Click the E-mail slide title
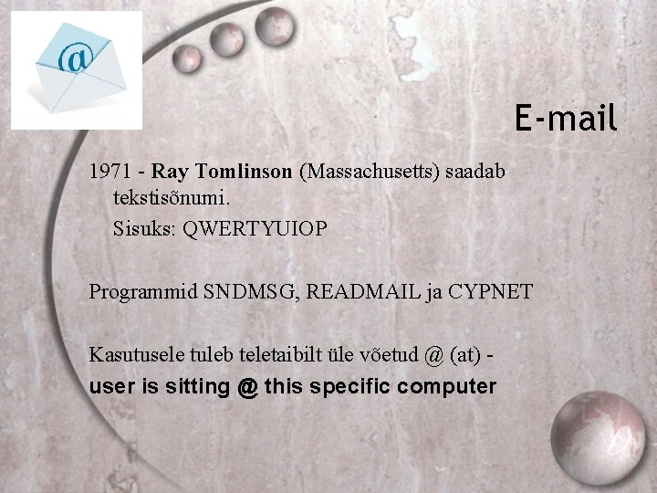point(566,118)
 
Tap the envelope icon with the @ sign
point(78,69)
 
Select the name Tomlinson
point(244,172)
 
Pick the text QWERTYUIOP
point(255,228)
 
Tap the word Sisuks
point(144,228)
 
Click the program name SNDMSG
point(250,292)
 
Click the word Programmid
point(142,292)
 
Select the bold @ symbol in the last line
point(246,387)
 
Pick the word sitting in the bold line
point(198,387)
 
